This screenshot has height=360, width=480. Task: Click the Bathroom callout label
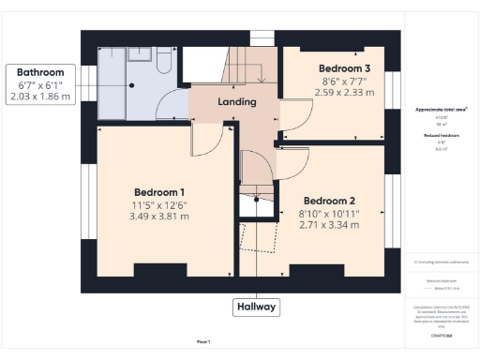[x=39, y=72]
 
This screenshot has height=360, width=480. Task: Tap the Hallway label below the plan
[x=255, y=307]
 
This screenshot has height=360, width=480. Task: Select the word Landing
[x=238, y=101]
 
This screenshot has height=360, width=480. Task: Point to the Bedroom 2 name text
[x=330, y=200]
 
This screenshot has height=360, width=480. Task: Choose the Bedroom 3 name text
[x=344, y=68]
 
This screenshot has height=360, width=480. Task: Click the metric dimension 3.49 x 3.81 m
[x=159, y=216]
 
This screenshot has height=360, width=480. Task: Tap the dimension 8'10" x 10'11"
[x=330, y=213]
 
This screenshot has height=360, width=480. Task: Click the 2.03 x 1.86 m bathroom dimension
[x=39, y=97]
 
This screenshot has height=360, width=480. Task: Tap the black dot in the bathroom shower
[x=132, y=85]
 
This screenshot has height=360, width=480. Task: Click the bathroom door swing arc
[x=172, y=105]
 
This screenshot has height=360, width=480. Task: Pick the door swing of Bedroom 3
[x=295, y=116]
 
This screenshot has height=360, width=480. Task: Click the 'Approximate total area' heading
[x=442, y=110]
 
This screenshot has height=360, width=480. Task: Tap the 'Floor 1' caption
[x=202, y=341]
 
